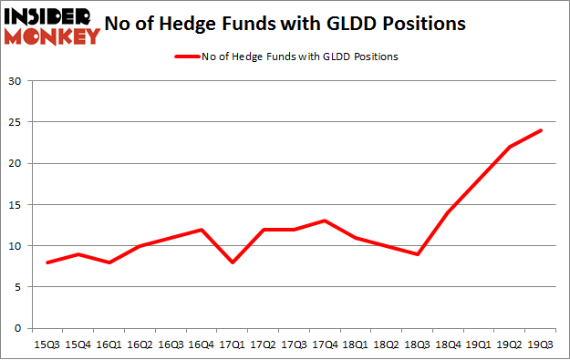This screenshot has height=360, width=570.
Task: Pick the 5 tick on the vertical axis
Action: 18,287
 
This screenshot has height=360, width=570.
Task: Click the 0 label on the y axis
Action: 18,328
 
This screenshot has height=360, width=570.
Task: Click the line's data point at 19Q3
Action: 541,130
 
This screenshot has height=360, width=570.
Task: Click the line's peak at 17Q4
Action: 325,221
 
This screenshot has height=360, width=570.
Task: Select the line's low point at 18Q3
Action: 417,254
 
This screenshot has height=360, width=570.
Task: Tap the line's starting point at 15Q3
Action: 47,262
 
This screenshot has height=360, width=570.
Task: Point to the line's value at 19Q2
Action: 510,147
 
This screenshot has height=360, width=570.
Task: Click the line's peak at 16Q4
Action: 201,229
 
